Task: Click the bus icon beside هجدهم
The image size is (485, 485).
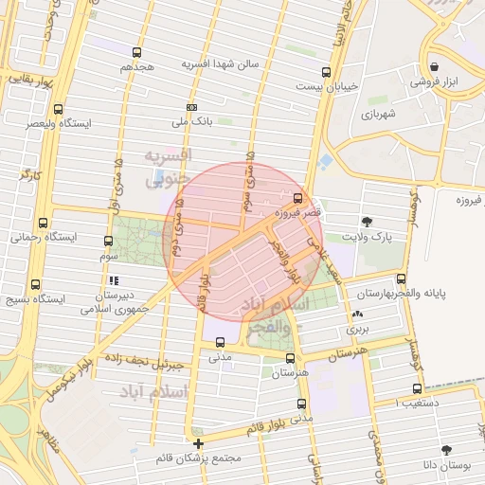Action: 137,53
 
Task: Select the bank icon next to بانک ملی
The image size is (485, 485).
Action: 192,107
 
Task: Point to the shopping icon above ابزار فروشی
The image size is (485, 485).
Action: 434,67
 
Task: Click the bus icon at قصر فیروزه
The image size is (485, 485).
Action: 299,199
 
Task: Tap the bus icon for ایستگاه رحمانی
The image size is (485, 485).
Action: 37,224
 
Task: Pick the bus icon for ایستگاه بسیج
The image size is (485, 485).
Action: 37,284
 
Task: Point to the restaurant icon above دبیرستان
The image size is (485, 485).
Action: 114,280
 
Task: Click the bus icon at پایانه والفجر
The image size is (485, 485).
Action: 402,278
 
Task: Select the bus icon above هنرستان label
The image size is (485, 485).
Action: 290,358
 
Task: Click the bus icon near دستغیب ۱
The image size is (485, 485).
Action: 418,388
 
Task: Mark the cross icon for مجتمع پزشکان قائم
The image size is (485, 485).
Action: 198,443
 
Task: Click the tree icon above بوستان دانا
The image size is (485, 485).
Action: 444,450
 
